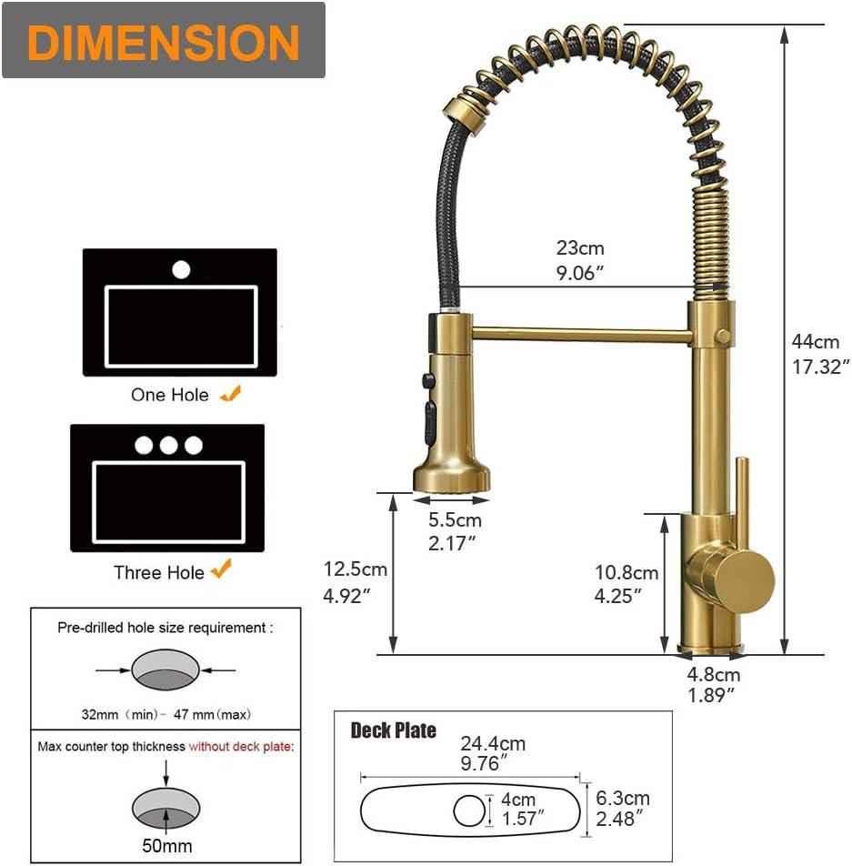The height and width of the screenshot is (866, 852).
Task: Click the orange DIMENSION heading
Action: tap(164, 42)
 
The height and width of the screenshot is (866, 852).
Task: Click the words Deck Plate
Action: tap(393, 730)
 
